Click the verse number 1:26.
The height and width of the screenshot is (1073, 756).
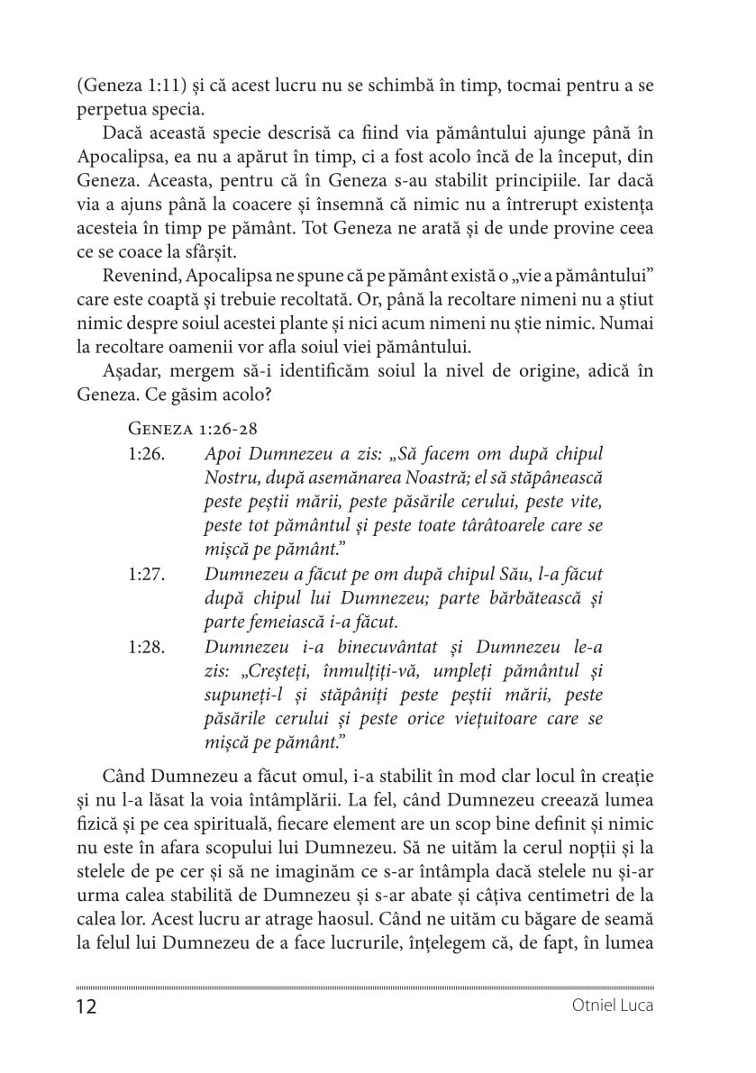coord(146,477)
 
